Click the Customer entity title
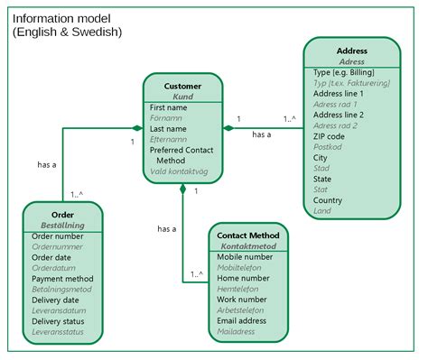[182, 86]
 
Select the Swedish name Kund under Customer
[182, 97]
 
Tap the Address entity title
[351, 51]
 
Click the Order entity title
[62, 214]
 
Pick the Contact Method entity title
[248, 235]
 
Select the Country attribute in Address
[329, 200]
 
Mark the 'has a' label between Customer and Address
[262, 134]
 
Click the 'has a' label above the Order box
[47, 165]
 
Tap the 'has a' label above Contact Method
[166, 229]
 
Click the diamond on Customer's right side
[228, 128]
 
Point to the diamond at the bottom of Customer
[182, 189]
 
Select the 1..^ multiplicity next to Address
[291, 118]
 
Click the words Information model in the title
[62, 18]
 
